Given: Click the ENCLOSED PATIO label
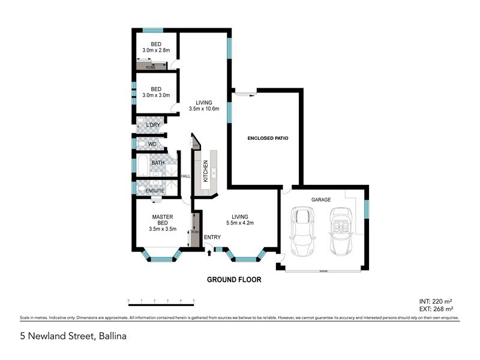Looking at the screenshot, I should pos(268,138).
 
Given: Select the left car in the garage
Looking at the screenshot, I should pos(302,232).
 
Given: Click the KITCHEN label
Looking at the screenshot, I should pos(205,172).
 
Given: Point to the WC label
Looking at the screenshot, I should pos(152,145).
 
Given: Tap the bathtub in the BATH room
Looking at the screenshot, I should pos(142,164).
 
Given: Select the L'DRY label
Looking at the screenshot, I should pos(152,125).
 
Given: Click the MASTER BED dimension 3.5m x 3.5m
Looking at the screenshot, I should pos(163,229).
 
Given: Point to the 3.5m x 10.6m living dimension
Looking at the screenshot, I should pos(204,109).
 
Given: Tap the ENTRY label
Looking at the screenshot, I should pos(212,238).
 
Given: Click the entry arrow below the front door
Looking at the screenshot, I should pos(209,254).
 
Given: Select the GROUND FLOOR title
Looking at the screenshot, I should pos(234,280).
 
